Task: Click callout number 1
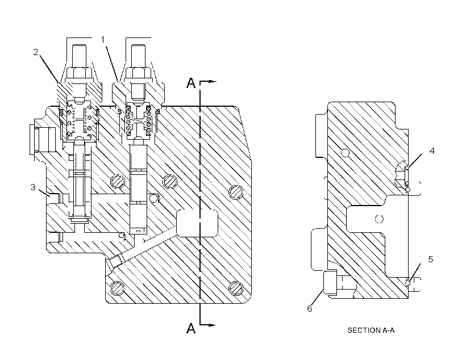pos(103,40)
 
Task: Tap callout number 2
pos(36,52)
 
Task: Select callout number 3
pos(33,187)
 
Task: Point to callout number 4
pos(432,151)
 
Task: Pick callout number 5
pos(431,259)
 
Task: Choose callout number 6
pos(309,309)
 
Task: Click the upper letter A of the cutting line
pos(191,83)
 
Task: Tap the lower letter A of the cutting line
pos(191,328)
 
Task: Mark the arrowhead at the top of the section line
pos(212,81)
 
